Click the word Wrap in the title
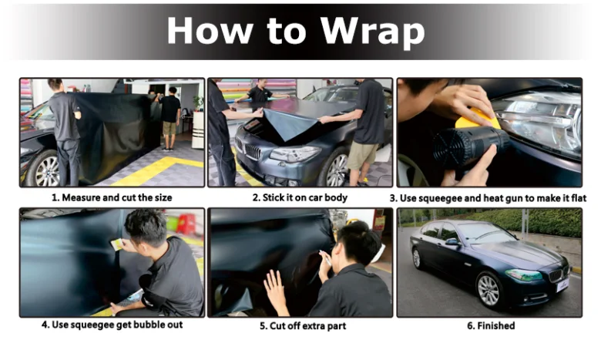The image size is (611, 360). point(372,30)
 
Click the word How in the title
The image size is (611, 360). point(210,30)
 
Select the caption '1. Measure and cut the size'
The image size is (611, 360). point(112,198)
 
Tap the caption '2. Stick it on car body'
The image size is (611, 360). point(300,198)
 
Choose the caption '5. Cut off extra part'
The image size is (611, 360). point(303,325)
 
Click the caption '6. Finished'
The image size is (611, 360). point(491,325)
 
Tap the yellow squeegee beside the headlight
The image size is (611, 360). point(478,119)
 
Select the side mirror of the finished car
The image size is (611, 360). point(452,242)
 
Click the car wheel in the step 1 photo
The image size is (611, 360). point(47,169)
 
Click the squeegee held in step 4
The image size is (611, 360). point(116,244)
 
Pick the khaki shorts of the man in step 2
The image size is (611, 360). point(362,156)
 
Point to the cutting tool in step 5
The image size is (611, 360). point(325,258)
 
